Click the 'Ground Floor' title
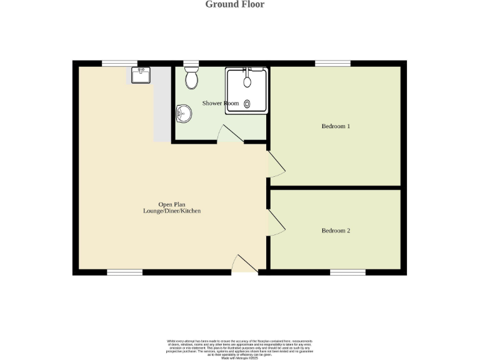point(234,5)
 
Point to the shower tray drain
point(247,104)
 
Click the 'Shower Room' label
point(220,103)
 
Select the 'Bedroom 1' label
point(336,126)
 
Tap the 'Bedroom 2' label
point(336,231)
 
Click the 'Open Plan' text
point(171,205)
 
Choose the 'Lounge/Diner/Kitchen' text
point(171,211)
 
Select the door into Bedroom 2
point(276,222)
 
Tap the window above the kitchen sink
point(119,63)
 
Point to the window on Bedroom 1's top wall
point(332,63)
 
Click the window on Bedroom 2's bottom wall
point(347,272)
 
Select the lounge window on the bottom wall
point(124,272)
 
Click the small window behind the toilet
point(191,63)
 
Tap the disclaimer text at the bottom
point(239,349)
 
